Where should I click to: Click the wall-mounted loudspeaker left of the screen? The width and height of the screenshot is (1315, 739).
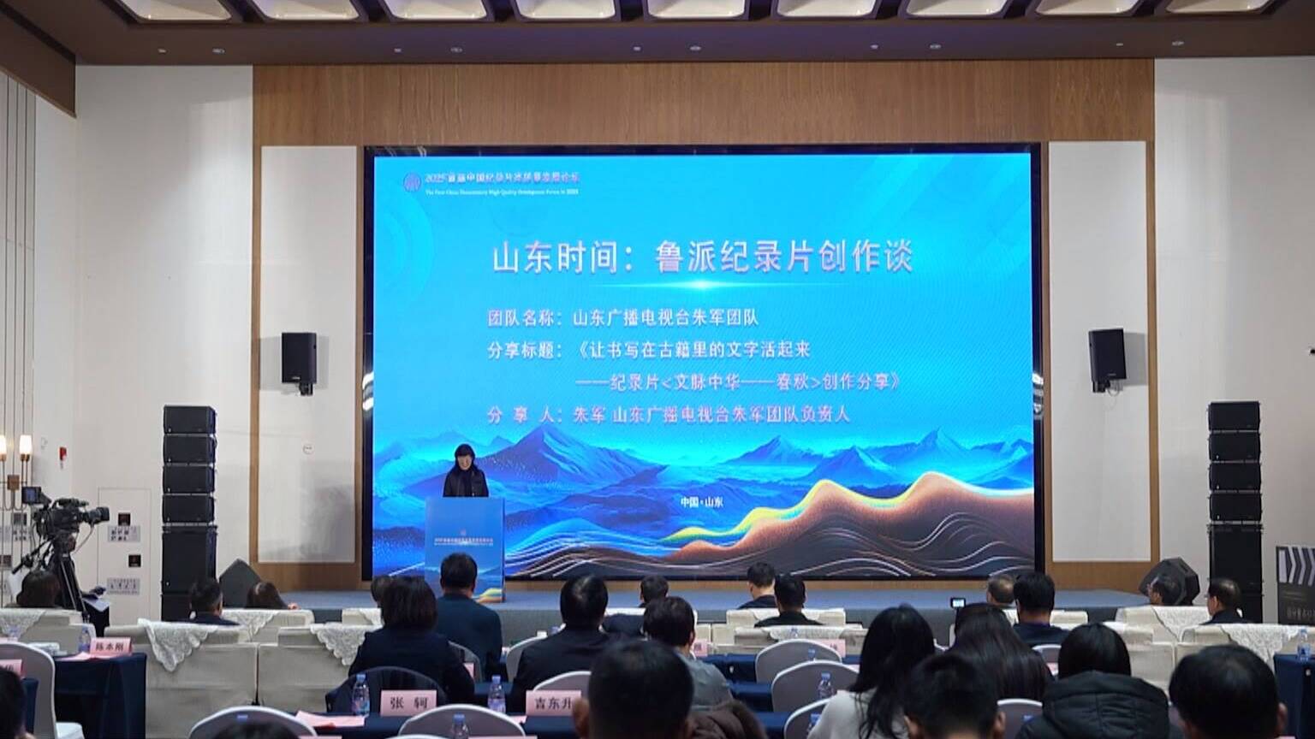click(x=299, y=359)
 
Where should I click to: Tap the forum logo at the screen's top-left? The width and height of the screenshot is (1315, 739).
click(x=414, y=181)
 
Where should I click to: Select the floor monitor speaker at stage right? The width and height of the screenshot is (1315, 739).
click(x=1169, y=577)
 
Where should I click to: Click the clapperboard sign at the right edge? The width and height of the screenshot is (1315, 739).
click(x=1294, y=573)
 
